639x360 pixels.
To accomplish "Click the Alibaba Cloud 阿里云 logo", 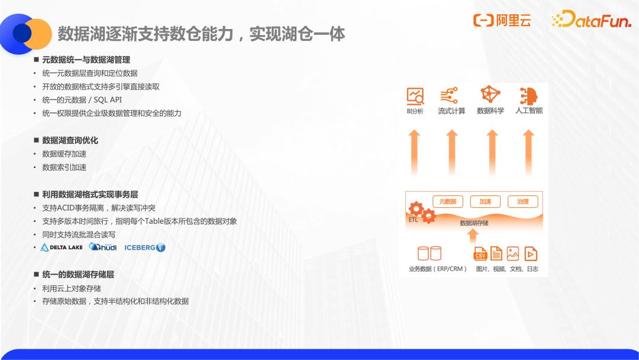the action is point(502,20).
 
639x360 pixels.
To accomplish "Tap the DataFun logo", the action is point(591,19).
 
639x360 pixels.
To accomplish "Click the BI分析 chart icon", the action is point(415,96).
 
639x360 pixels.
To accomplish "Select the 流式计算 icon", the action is point(449,95).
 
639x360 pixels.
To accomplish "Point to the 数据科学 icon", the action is point(490,94).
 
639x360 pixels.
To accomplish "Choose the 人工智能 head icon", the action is point(528,96).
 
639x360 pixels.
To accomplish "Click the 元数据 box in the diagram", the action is point(447,201).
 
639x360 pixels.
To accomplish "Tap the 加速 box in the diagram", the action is point(485,201).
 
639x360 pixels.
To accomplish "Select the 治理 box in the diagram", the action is point(523,201).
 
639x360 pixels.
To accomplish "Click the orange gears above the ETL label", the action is point(422,212).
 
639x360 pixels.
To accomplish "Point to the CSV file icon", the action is point(480,253).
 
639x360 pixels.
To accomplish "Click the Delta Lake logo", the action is point(62,247).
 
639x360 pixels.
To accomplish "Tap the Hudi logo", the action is point(103,247).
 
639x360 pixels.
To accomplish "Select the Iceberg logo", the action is point(145,247).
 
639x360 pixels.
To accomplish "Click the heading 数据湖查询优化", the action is point(70,140).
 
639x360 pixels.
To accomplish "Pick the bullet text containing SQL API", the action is point(82,100).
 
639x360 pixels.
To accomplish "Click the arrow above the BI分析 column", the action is point(414,152).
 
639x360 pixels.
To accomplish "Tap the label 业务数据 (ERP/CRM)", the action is point(438,269).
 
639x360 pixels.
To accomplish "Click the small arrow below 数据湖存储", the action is point(473,236).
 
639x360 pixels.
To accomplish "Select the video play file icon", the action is point(531,253).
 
